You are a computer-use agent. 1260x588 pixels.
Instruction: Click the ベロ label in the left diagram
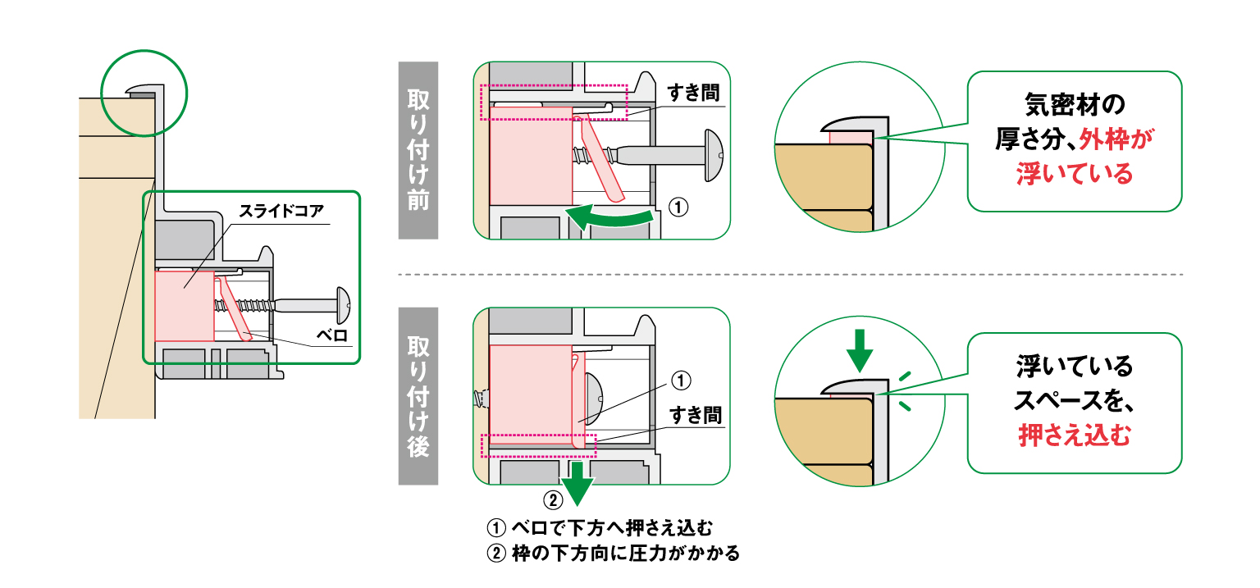click(336, 335)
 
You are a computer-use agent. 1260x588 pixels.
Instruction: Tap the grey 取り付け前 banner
click(418, 151)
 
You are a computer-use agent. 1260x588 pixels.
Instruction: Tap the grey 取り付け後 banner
click(418, 396)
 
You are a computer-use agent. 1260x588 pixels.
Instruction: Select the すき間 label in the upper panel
click(694, 92)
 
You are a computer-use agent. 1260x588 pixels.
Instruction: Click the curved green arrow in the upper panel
click(610, 218)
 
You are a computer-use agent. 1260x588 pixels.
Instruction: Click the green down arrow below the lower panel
click(578, 482)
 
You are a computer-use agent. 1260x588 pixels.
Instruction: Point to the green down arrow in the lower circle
click(858, 351)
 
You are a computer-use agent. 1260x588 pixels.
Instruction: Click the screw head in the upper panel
click(712, 153)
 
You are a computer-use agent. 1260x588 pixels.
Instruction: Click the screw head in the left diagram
click(343, 305)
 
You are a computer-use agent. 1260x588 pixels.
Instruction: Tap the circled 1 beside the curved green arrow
click(678, 208)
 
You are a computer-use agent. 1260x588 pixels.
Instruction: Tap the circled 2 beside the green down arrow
click(553, 499)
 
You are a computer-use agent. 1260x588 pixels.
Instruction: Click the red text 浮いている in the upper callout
click(1074, 174)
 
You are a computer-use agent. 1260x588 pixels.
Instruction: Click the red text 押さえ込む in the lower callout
click(1074, 435)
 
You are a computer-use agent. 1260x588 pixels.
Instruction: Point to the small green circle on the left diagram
click(145, 92)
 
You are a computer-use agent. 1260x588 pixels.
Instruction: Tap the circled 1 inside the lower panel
click(682, 381)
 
